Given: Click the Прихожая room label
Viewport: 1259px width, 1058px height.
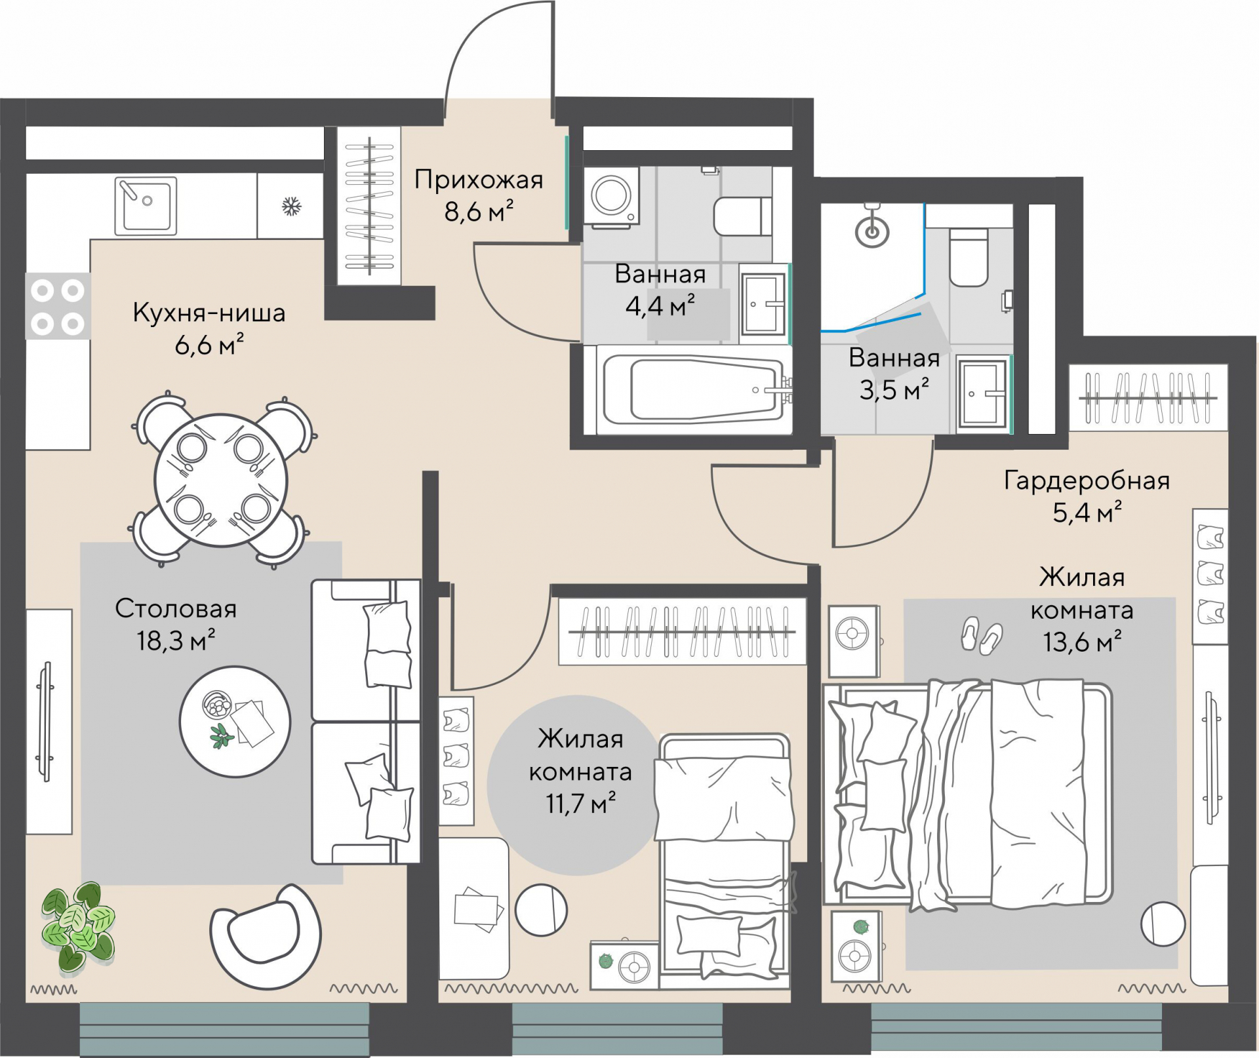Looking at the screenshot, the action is (479, 180).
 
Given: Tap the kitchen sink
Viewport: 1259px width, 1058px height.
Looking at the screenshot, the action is (146, 206).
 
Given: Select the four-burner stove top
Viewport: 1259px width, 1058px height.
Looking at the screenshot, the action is (58, 306).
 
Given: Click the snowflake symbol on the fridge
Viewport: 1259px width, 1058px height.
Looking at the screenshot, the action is (291, 207).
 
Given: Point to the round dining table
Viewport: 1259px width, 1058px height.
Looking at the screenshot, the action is (221, 480).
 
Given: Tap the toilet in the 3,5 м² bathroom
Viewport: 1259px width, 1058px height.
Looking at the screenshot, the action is (969, 257).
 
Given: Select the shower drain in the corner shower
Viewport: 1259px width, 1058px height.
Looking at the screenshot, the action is (872, 232).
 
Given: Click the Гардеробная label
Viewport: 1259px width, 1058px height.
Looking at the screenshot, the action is (1087, 480).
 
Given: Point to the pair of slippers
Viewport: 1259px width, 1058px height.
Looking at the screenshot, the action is (982, 635).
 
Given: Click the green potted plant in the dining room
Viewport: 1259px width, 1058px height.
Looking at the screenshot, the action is (78, 926).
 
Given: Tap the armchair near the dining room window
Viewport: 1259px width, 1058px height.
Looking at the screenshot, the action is (266, 935).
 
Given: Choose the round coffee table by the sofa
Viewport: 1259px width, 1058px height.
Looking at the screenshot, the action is (235, 722).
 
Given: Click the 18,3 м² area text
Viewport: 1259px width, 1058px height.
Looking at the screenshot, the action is (176, 640).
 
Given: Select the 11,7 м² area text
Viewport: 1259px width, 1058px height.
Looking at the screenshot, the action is (580, 803).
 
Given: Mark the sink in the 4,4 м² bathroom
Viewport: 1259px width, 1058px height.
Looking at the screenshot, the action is (763, 304).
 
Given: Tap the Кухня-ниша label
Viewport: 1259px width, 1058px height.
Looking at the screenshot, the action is (209, 313).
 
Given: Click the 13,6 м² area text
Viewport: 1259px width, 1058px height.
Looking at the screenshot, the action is (1082, 641).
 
